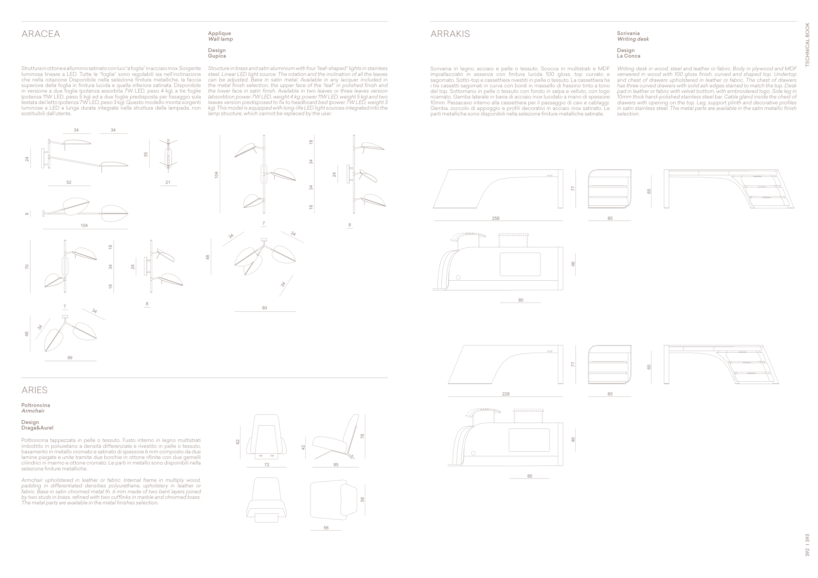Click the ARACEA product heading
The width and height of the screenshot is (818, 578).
41,34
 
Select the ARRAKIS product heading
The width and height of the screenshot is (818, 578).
450,34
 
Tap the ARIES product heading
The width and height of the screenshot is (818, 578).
35,390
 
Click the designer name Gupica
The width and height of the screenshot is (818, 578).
217,56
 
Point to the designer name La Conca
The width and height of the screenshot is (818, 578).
629,56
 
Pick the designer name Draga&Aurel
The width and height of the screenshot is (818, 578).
37,428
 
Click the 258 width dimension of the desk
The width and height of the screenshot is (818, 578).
496,218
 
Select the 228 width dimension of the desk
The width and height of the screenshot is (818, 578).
506,394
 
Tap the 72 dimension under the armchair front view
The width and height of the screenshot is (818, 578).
266,465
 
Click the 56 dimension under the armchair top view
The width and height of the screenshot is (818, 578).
326,528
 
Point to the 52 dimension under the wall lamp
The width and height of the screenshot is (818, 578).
69,182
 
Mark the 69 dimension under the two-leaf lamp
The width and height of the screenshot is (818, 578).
70,358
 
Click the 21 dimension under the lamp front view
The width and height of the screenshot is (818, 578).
168,182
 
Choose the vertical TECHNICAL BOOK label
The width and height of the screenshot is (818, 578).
807,44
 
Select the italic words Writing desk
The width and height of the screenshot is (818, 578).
633,39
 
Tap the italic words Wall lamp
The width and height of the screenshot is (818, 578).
220,39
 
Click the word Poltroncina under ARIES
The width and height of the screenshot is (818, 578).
36,405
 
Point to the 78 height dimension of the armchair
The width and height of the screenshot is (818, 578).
362,436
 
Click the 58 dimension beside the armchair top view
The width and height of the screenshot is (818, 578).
362,499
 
